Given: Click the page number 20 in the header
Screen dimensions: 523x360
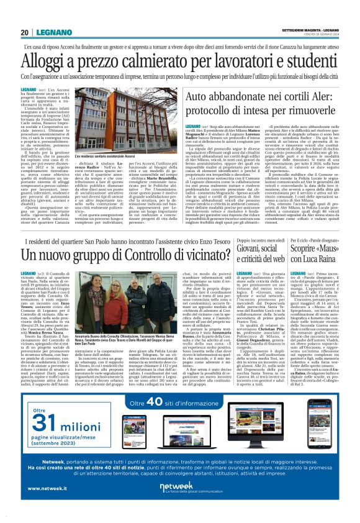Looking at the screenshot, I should pos(24,33).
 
